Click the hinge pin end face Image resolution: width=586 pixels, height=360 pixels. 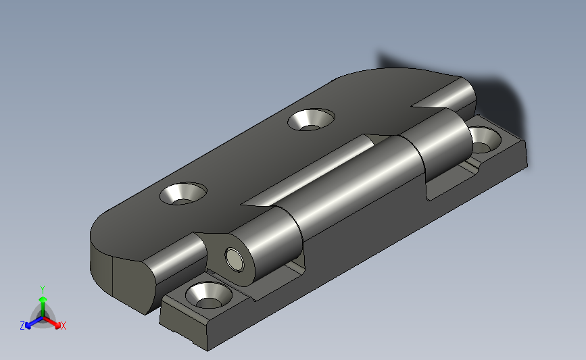[235, 259]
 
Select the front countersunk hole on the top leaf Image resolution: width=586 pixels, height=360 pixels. [183, 193]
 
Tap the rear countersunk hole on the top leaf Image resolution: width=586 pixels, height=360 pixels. [311, 120]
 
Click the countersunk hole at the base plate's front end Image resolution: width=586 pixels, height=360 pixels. [209, 295]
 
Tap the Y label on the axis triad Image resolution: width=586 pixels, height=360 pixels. [43, 290]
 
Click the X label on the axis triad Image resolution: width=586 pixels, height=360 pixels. [63, 326]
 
